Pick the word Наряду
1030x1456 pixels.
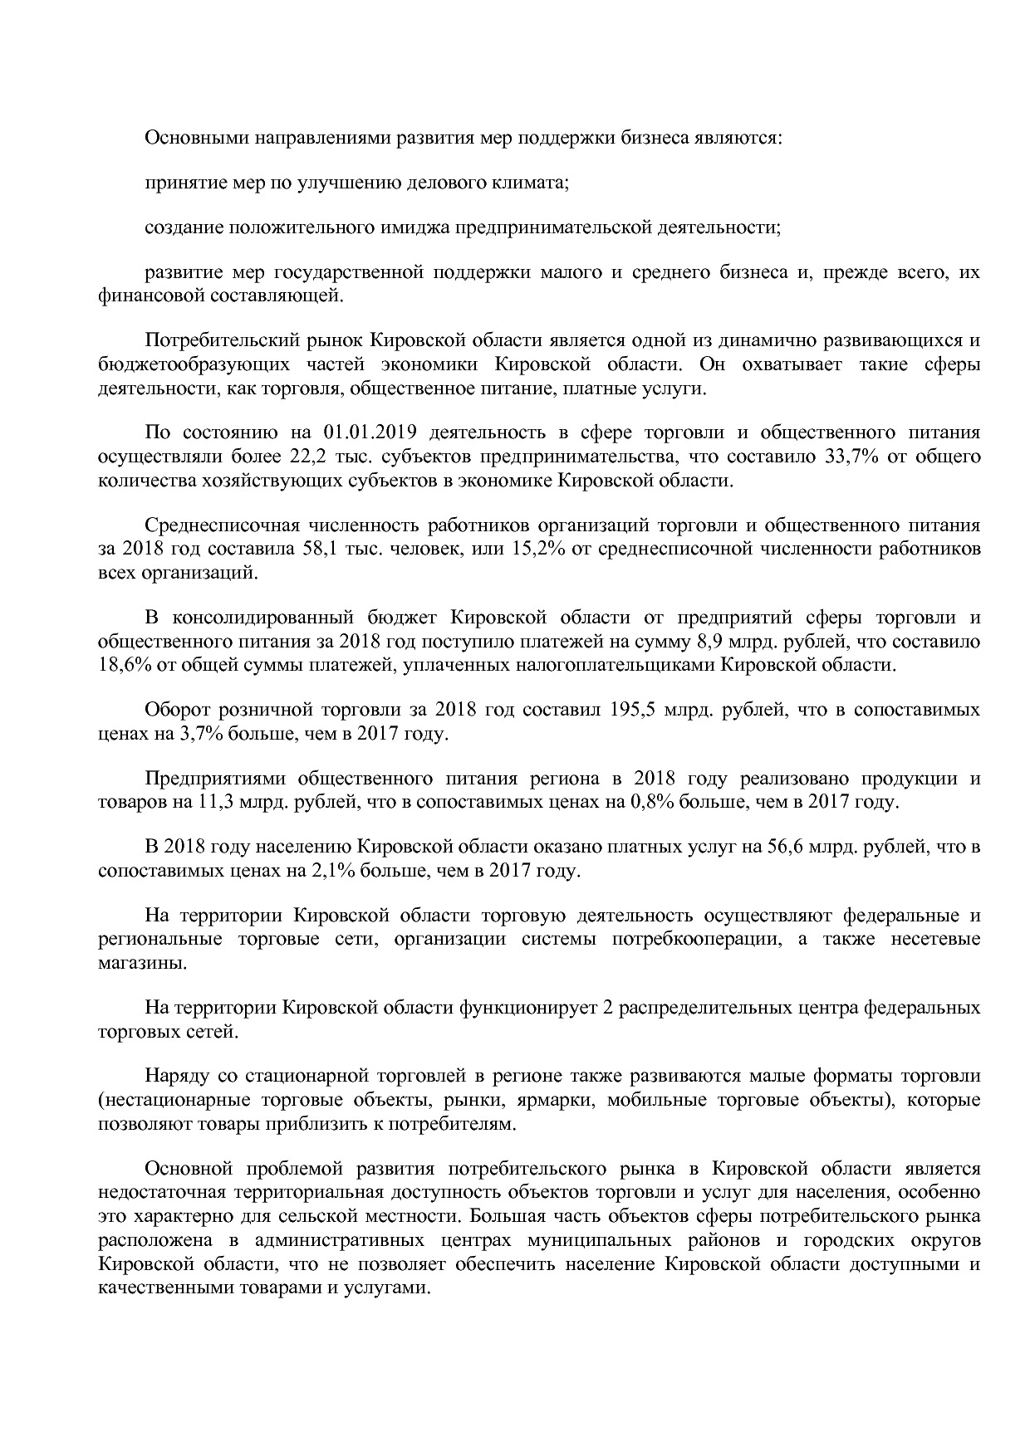[174, 1077]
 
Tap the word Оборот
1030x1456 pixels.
[174, 710]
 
